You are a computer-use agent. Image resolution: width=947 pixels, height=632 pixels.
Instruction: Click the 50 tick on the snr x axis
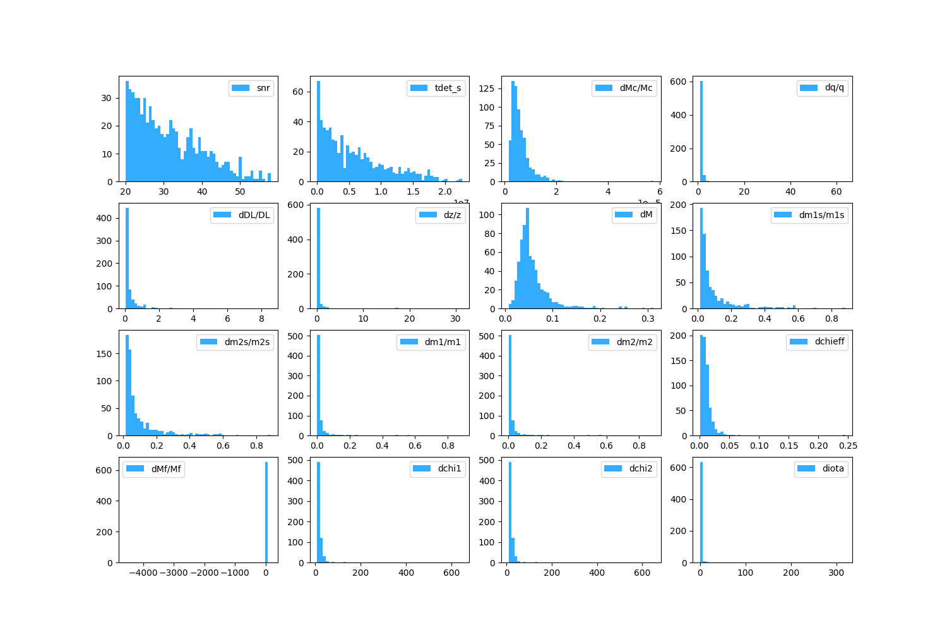click(x=240, y=191)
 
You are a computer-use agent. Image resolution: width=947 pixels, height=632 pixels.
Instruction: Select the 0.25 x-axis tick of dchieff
click(x=848, y=446)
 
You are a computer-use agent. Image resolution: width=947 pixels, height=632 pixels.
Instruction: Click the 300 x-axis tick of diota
click(x=836, y=573)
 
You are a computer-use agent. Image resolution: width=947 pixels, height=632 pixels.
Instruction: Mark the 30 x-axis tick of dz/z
click(x=456, y=319)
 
